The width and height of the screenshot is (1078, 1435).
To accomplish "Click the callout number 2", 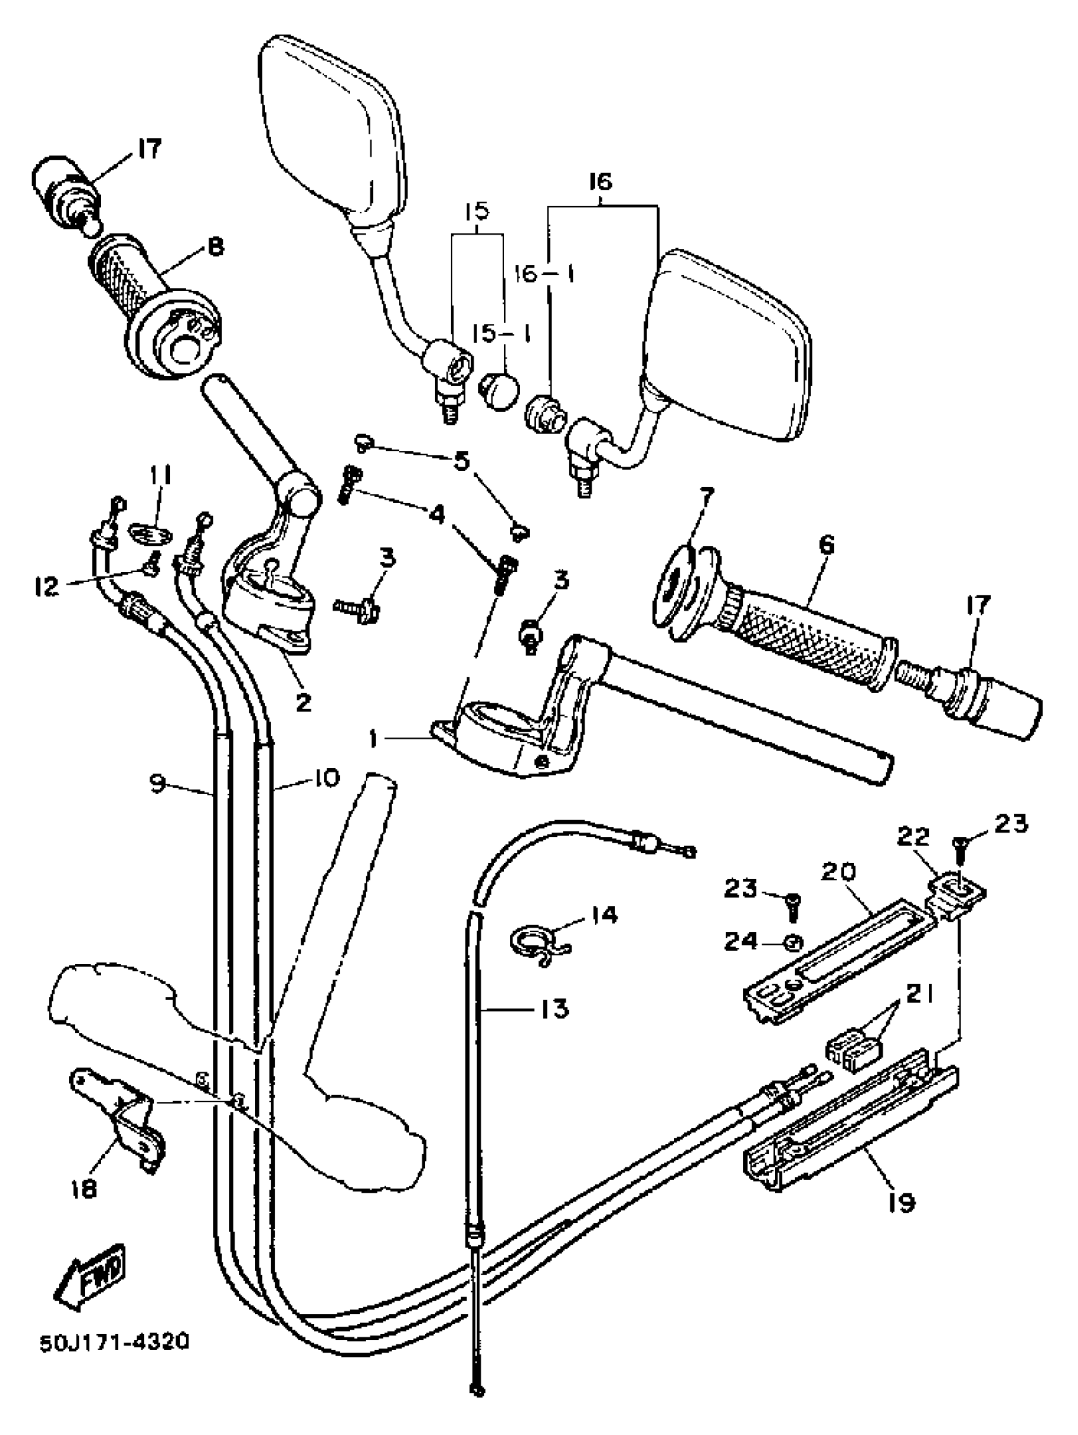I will click(303, 702).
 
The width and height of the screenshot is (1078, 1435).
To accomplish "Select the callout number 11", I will click(160, 477).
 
